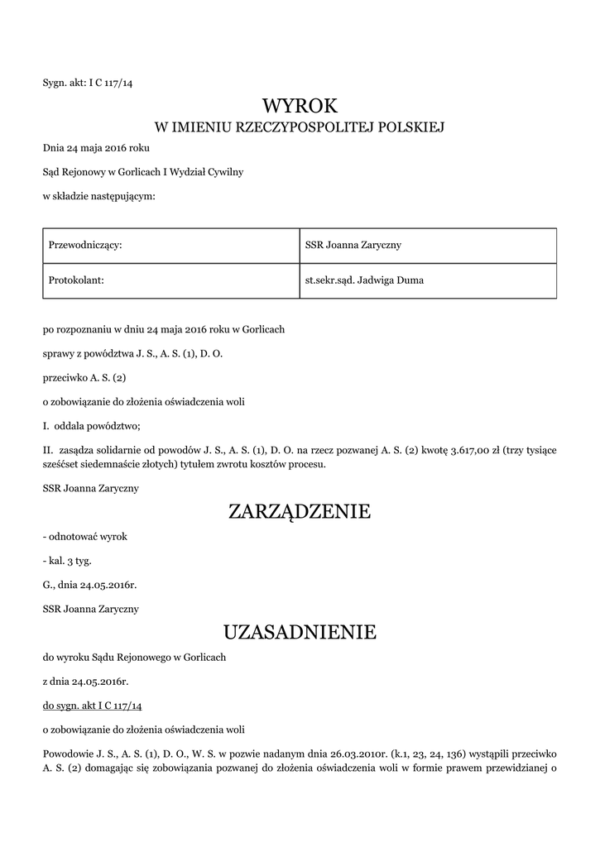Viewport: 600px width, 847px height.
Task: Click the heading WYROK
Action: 300,106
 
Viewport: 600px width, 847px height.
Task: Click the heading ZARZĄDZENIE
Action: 300,512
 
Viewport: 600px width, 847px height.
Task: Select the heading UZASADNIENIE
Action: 300,633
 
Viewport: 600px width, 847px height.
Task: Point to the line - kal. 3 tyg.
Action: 68,561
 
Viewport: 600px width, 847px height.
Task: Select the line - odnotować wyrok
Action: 84,537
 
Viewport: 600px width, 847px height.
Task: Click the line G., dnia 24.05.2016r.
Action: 89,585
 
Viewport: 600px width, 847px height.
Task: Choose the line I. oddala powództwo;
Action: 92,426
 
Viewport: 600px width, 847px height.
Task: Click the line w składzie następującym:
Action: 98,196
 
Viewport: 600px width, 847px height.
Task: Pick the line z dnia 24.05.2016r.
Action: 86,682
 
